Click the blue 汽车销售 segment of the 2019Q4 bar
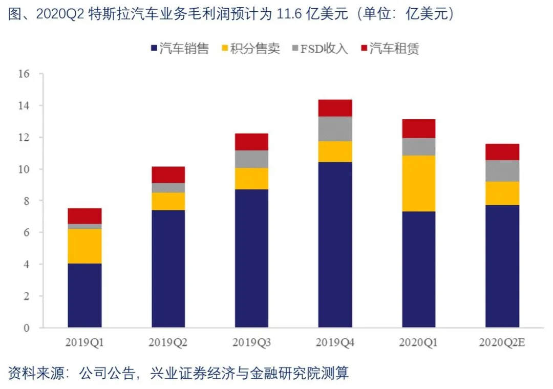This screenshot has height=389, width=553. pos(335,245)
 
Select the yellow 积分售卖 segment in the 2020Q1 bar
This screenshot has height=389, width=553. pos(418,183)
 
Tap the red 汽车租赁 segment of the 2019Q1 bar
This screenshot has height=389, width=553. pos(84,215)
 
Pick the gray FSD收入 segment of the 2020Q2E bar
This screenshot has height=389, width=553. pos(502,171)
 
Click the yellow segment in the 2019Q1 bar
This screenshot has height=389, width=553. pos(84,246)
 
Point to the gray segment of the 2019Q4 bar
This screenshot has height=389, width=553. pos(335,128)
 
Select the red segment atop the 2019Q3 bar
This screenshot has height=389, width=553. pos(251,142)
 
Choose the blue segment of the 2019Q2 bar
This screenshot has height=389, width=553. pos(168,269)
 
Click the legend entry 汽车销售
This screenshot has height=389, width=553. pos(180,49)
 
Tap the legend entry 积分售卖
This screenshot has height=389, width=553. pos(250,49)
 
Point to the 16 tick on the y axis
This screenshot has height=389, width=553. pos(24,74)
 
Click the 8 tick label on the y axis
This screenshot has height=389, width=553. pos(27,201)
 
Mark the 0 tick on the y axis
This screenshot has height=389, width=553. pos(27,328)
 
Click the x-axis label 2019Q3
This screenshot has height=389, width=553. pos(251,342)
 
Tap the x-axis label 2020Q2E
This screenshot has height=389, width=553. pos(502,342)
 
